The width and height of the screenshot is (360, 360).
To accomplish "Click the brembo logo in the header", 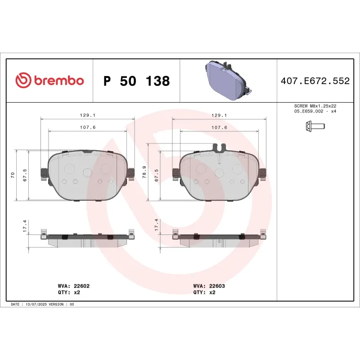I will (x=49, y=81).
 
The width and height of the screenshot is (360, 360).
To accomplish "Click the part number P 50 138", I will (x=136, y=81).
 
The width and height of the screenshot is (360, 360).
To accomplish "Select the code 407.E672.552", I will (x=315, y=81).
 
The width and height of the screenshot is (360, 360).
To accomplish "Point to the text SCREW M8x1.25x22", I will (x=315, y=105).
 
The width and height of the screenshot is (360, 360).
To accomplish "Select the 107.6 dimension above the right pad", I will (x=219, y=128).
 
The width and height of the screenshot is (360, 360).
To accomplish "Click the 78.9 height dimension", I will (x=144, y=173).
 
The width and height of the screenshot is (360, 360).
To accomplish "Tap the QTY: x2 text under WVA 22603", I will (x=204, y=292).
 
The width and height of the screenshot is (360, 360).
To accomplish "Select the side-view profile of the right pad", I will (x=220, y=239).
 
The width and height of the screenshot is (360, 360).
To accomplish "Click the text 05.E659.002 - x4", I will (x=315, y=111).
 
